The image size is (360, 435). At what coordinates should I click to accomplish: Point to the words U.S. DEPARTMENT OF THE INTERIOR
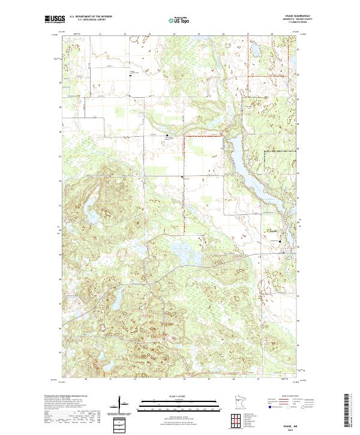pyautogui.click(x=91, y=16)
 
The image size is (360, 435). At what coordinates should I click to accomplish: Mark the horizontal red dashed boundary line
pyautogui.click(x=204, y=137)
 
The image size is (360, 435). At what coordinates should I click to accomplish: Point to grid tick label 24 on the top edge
pyautogui.click(x=174, y=34)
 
